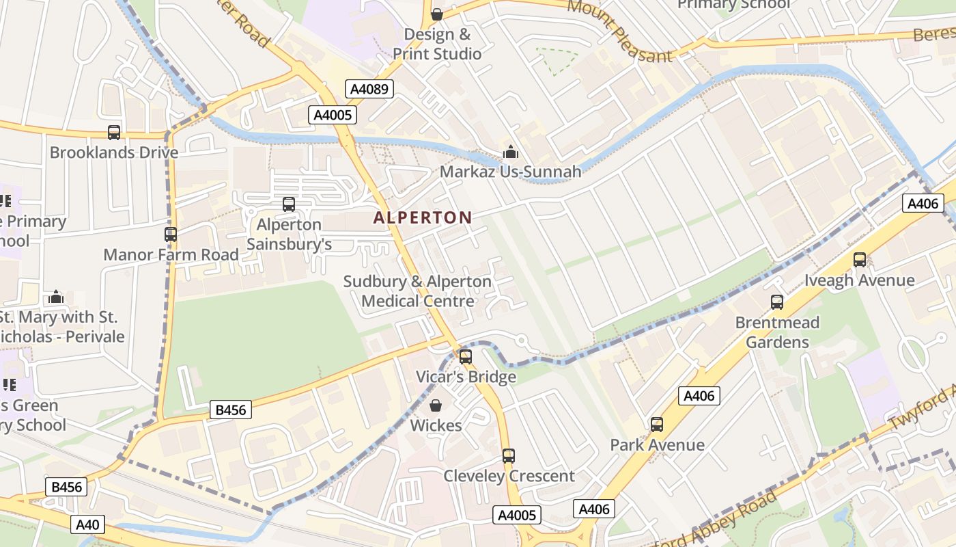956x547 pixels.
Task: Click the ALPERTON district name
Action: coord(423,218)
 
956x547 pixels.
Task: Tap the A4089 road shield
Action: coord(369,89)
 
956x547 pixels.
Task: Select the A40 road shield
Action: coord(88,525)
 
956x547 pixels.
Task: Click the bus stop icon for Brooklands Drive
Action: coord(114,133)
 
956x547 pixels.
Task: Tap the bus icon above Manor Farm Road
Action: coord(171,235)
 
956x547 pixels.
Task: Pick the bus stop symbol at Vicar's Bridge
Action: coord(466,356)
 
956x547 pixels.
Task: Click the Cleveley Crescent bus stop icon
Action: coord(508,456)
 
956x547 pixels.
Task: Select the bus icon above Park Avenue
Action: coord(657,425)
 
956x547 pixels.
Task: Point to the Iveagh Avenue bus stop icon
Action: coord(859,260)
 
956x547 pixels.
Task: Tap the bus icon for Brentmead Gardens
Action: coord(777,302)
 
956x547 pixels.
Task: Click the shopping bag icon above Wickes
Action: coord(436,405)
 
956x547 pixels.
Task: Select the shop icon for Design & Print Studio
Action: coord(437,14)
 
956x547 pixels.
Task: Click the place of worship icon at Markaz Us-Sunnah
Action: coord(510,152)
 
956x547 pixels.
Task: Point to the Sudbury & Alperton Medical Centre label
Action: coord(417,291)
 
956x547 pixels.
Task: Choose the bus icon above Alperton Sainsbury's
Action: coord(289,204)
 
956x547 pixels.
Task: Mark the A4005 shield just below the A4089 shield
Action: coord(333,115)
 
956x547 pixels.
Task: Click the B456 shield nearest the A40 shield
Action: coord(66,487)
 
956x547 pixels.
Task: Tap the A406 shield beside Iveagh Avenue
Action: coord(923,203)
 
